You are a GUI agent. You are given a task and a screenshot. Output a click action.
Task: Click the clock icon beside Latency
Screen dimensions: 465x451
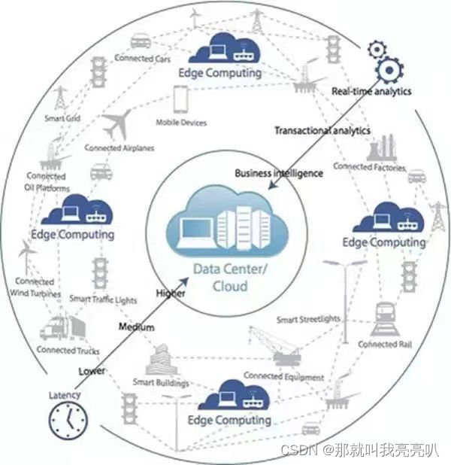pos(68,420)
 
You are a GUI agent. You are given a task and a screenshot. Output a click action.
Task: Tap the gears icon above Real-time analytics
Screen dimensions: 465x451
pos(385,62)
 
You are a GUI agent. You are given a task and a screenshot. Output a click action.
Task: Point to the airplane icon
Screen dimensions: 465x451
pos(117,124)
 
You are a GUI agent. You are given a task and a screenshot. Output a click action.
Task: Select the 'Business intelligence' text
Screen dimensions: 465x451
pos(279,173)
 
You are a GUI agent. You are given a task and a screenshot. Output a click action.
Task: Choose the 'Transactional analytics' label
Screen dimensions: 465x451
pos(322,131)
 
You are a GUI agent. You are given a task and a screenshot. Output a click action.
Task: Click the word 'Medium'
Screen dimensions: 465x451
pos(136,327)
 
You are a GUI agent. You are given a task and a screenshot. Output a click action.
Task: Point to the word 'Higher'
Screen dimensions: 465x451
pos(170,293)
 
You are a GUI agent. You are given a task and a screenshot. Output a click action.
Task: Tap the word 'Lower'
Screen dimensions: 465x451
pos(92,371)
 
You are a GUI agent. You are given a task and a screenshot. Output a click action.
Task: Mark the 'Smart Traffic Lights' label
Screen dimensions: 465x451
pos(103,299)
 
